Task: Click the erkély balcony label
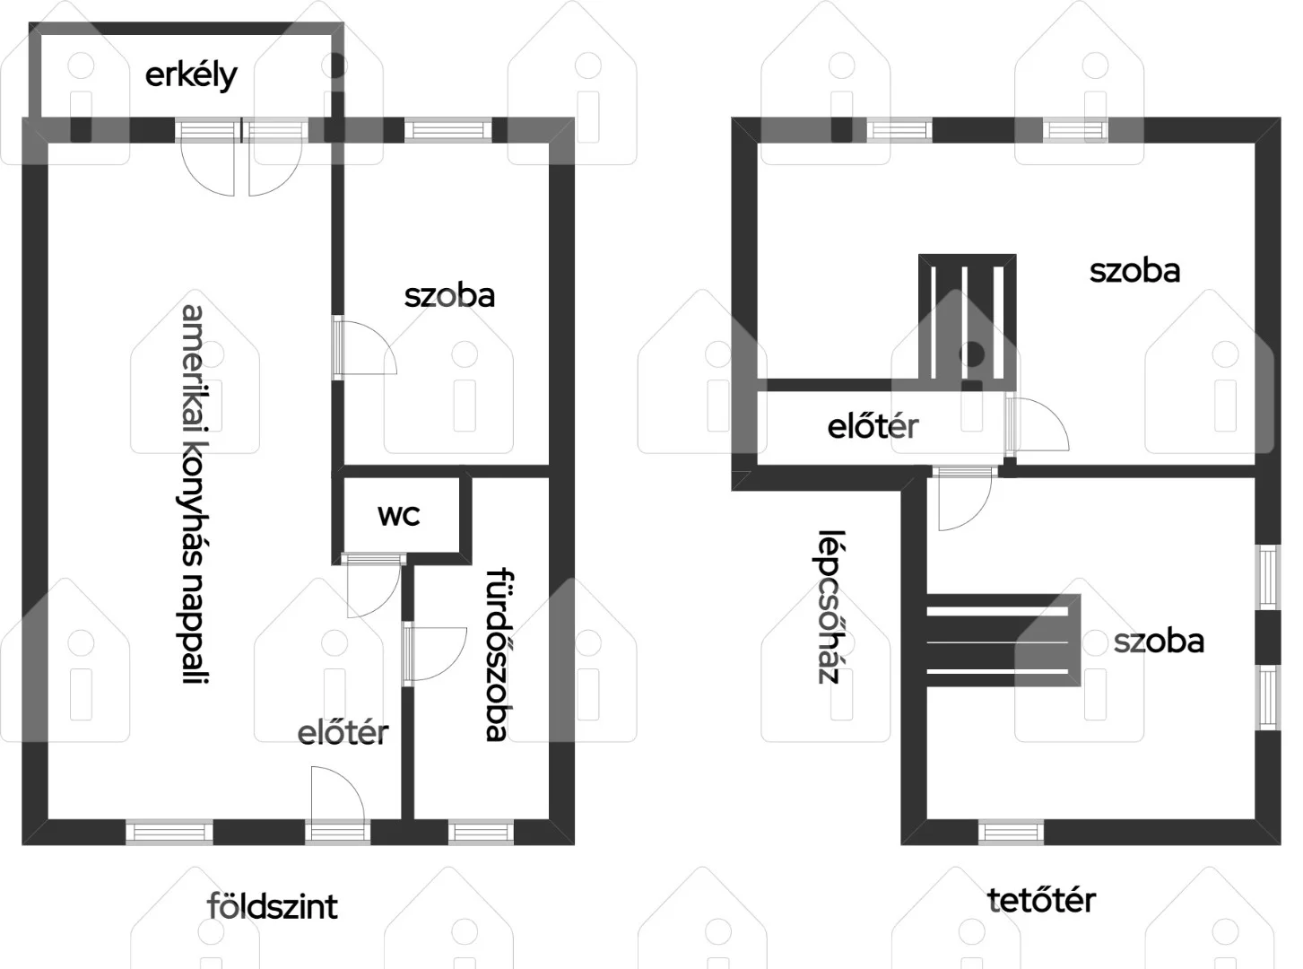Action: point(191,76)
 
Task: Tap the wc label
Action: point(399,515)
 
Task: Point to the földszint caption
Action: point(273,906)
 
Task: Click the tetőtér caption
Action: point(1041,900)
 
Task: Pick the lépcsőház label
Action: point(828,607)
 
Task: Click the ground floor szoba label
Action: point(449,296)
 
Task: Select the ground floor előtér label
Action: point(343,733)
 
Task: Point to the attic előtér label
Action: point(873,427)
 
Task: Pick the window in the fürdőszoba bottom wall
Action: point(482,832)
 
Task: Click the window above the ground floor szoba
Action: point(448,130)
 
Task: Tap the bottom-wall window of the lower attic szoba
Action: point(1011,832)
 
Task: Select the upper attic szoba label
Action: point(1135,271)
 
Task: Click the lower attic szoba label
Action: point(1160,641)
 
